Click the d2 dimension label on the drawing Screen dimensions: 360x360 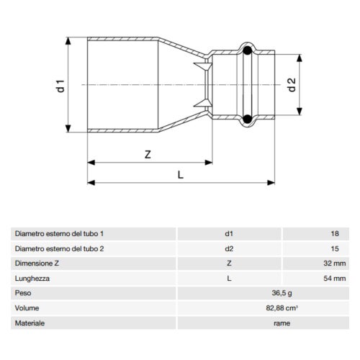click(291, 84)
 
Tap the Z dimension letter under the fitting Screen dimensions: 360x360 click(147, 155)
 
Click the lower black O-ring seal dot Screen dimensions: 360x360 click(247, 120)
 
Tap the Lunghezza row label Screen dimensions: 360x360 click(32, 279)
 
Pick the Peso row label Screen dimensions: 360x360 click(23, 294)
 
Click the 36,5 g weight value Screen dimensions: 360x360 click(282, 294)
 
